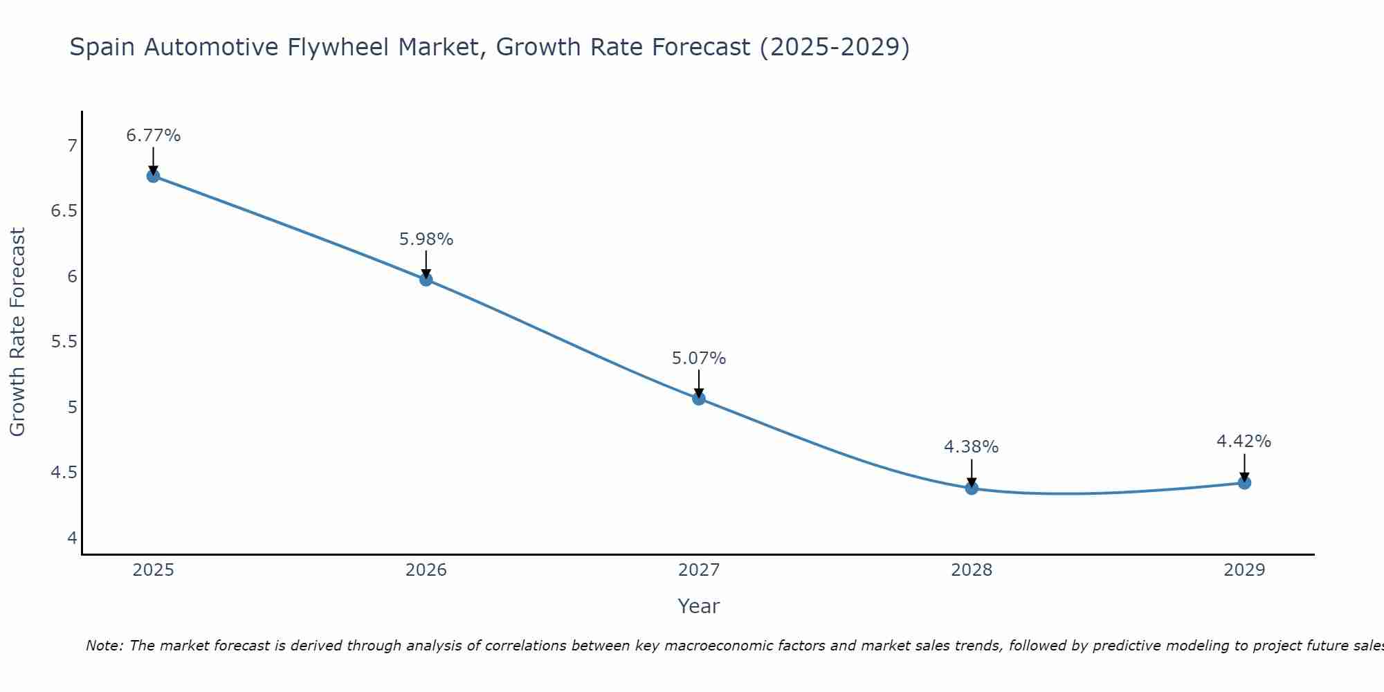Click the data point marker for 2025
pos(153,176)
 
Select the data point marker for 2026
pos(426,280)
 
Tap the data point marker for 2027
pos(699,399)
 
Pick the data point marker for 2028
pos(972,489)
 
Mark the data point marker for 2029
pos(1244,483)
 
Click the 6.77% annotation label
pos(153,136)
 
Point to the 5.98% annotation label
pos(426,239)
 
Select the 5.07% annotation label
pos(699,358)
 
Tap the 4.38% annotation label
pos(972,447)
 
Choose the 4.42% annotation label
pos(1244,441)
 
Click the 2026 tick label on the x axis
pos(426,570)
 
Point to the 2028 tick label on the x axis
pos(972,570)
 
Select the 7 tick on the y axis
pos(72,146)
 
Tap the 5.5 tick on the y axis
pos(64,342)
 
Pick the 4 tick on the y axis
pos(72,538)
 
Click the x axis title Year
pos(699,606)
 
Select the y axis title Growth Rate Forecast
pos(17,332)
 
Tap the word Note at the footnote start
pos(104,646)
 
